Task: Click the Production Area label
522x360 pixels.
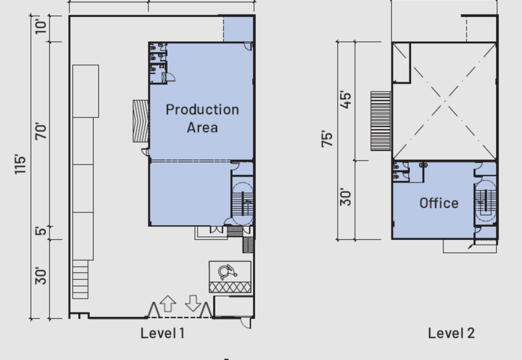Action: (x=202, y=119)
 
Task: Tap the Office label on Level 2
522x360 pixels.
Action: (x=438, y=203)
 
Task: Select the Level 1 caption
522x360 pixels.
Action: (x=162, y=333)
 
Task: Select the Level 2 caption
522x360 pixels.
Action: (x=451, y=333)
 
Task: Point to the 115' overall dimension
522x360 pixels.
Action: (x=20, y=164)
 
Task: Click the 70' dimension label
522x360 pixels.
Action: (x=40, y=131)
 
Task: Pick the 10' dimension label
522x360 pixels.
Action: (x=40, y=25)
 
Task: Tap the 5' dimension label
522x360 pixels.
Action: (x=40, y=231)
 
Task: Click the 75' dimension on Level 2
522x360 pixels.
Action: (x=327, y=139)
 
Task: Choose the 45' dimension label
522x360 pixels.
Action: (x=346, y=100)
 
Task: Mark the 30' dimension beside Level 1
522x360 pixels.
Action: (x=40, y=275)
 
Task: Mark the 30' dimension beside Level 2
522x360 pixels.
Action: (x=346, y=197)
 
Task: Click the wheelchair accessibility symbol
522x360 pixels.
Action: (x=227, y=272)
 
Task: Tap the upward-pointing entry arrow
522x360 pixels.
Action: (x=168, y=303)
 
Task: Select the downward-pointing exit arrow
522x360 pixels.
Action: (x=193, y=303)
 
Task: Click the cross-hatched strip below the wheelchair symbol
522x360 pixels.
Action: (x=230, y=287)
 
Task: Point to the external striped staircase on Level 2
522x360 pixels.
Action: (x=381, y=121)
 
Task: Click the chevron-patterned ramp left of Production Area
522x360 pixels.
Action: (x=140, y=121)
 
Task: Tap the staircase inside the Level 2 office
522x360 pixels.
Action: (x=486, y=202)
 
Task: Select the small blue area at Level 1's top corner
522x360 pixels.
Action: (x=238, y=29)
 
